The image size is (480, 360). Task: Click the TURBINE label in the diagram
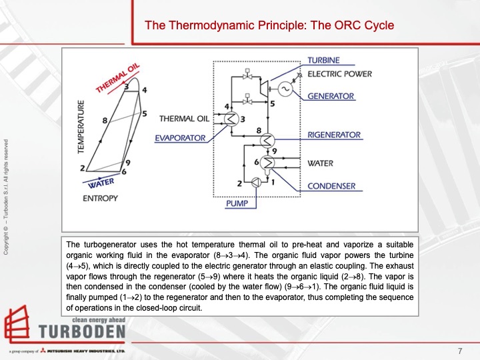coord(323,61)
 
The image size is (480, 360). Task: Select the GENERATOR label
coord(331,96)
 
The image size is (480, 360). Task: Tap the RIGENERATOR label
coord(334,135)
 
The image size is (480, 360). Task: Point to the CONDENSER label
coord(331,186)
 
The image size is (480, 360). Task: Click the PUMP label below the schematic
coord(237,203)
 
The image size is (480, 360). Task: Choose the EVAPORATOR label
coord(180,138)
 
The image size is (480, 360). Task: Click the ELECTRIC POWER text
coord(339,74)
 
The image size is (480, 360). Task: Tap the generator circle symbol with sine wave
coord(285,89)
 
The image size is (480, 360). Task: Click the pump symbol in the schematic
coord(256,182)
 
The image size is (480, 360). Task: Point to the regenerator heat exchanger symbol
coord(268,140)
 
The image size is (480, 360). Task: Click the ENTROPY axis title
coord(101,198)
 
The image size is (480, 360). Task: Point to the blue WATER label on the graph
coord(101,182)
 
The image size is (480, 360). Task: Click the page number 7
coord(460,351)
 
